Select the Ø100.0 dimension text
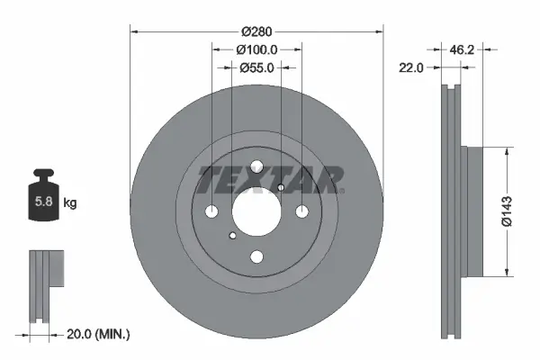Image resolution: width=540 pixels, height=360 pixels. [256, 50]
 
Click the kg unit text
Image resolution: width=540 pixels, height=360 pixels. [69, 202]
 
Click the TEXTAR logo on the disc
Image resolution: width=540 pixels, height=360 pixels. [270, 180]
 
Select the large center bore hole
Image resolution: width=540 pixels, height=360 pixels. [256, 211]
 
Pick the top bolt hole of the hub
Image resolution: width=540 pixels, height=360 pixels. [256, 166]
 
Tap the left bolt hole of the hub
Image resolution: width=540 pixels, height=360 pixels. [212, 211]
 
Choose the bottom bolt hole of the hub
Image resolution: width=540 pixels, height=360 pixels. [256, 256]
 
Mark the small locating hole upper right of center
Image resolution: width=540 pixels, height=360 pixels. [281, 187]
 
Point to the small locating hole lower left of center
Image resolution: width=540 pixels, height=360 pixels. [233, 236]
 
